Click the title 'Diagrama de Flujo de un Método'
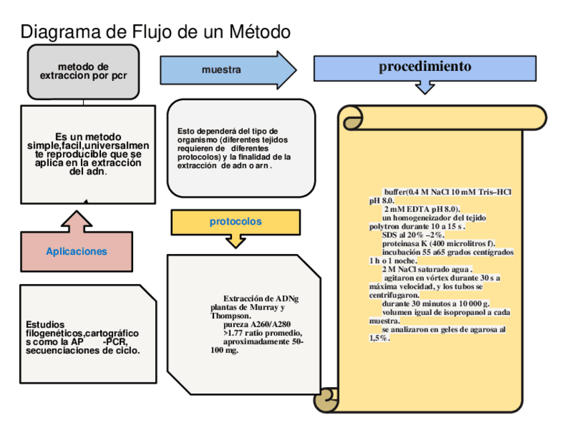click(x=155, y=31)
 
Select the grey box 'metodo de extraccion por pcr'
click(x=83, y=72)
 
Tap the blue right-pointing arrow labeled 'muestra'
click(x=224, y=70)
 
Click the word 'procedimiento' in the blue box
click(x=425, y=66)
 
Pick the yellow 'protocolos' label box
click(x=235, y=221)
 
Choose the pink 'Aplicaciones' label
click(x=76, y=251)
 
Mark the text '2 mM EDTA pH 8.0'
click(x=421, y=209)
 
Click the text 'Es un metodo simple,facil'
click(x=88, y=142)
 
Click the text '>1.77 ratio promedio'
click(x=263, y=333)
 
